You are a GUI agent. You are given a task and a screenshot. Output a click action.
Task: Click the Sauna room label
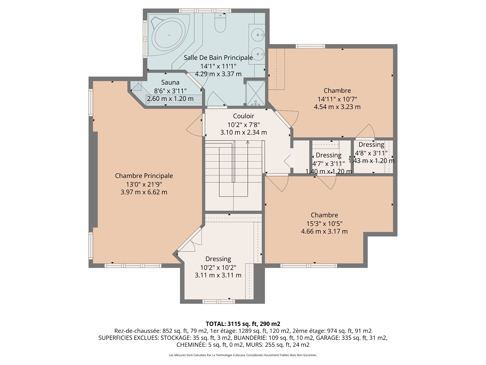pyautogui.click(x=170, y=82)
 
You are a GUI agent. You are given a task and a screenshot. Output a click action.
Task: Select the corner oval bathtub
pyautogui.click(x=169, y=35)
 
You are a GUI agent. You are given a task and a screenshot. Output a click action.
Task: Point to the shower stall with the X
pyautogui.click(x=256, y=93)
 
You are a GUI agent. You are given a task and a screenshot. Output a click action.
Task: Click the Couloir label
pyautogui.click(x=244, y=116)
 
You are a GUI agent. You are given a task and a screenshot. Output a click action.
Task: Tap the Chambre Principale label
pyautogui.click(x=144, y=176)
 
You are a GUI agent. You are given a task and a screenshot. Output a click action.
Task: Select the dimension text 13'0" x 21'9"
pyautogui.click(x=144, y=184)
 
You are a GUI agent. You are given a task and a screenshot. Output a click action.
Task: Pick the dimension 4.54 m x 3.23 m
pyautogui.click(x=337, y=107)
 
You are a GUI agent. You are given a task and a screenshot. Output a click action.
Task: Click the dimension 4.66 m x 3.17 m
pyautogui.click(x=324, y=231)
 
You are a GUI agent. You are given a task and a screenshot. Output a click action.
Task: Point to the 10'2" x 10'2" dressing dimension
pyautogui.click(x=218, y=268)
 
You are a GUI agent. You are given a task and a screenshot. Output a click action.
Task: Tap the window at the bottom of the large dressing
pyautogui.click(x=218, y=301)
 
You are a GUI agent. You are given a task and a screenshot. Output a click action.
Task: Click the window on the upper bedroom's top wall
pyautogui.click(x=310, y=46)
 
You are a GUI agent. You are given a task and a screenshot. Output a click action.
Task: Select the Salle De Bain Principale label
pyautogui.click(x=218, y=58)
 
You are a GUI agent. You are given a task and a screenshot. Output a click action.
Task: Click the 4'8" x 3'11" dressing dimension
pyautogui.click(x=371, y=153)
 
